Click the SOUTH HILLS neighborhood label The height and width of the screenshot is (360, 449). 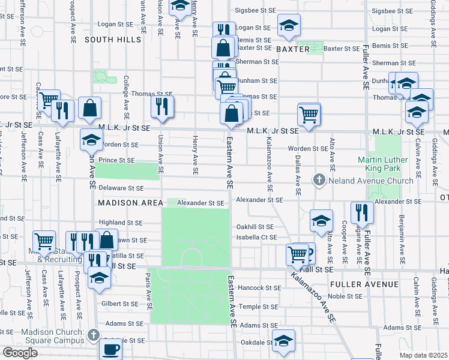tap(113, 40)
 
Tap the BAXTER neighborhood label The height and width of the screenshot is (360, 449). tap(292, 48)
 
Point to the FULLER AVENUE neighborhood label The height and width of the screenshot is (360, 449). tap(364, 284)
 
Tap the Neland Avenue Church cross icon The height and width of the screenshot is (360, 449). tap(319, 180)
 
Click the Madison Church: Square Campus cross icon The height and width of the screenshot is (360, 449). tap(92, 334)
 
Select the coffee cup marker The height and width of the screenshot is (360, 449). tap(110, 349)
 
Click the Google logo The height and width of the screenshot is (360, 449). tap(20, 353)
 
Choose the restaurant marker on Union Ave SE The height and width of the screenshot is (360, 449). tap(162, 107)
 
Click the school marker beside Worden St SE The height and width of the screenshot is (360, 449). tap(91, 140)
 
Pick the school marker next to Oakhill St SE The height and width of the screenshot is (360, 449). tap(321, 221)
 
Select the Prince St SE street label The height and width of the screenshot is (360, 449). tap(116, 161)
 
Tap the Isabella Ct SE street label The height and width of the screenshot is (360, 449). tap(256, 238)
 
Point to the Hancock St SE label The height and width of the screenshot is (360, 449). tap(256, 288)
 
